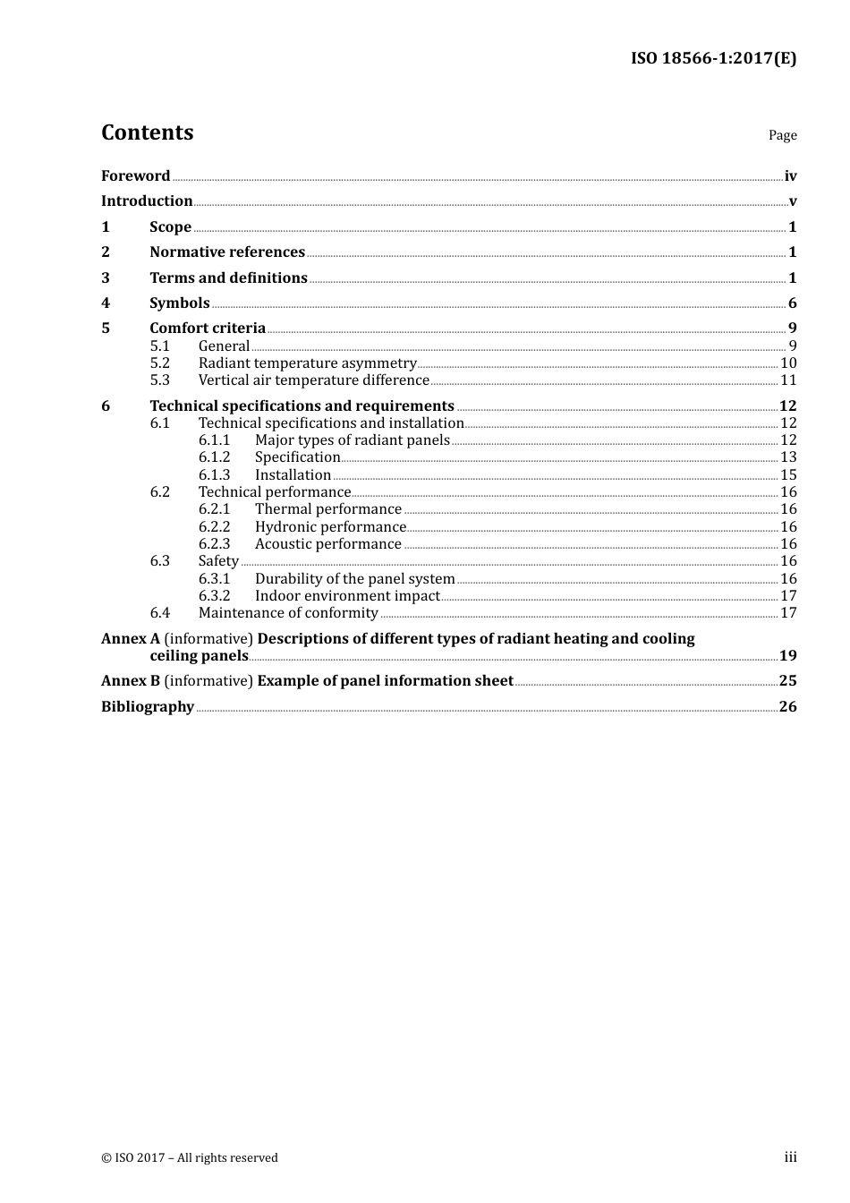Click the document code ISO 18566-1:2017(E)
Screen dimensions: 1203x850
(x=713, y=59)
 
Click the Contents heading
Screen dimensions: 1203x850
(x=147, y=132)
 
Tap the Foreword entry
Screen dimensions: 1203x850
(x=135, y=176)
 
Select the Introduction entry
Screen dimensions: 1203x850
(x=147, y=201)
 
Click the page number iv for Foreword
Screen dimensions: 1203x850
(x=790, y=176)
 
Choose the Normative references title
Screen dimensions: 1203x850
(x=227, y=252)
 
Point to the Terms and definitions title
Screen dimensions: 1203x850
(x=228, y=278)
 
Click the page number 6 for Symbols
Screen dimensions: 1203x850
(x=792, y=303)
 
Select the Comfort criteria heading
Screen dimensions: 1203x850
(x=208, y=328)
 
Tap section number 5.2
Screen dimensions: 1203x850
(x=159, y=363)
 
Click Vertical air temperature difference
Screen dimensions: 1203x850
(x=313, y=380)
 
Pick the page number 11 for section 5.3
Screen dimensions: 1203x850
(x=788, y=380)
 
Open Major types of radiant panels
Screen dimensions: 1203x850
(x=352, y=440)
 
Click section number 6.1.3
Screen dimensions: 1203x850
(x=214, y=475)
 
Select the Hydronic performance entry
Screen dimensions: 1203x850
(x=330, y=527)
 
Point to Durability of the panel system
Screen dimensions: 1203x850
(x=354, y=579)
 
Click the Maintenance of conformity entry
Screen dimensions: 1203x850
(x=288, y=613)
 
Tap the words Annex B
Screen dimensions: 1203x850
(x=131, y=681)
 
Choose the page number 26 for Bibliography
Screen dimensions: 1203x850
(x=787, y=707)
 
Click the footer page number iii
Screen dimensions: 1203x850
(x=790, y=1157)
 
